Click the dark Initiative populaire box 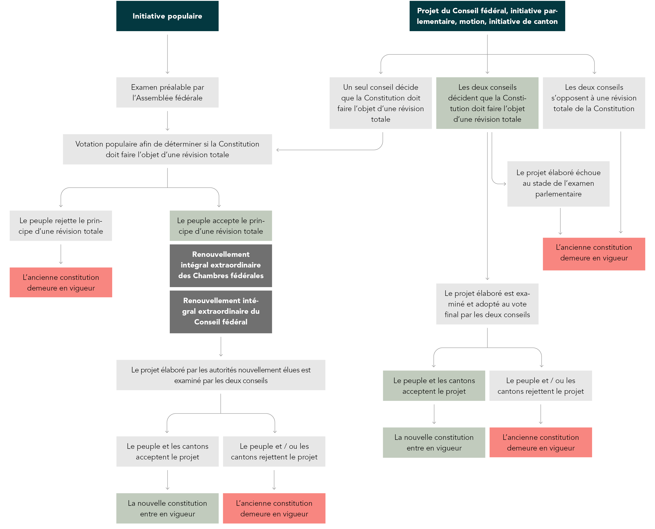[167, 16]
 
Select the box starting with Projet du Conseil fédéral [487, 16]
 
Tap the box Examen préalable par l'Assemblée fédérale [167, 92]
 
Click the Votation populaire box [167, 149]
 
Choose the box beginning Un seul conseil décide [381, 103]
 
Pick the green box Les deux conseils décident [487, 103]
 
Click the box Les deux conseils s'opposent [594, 103]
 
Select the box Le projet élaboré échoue [558, 184]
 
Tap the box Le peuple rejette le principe [61, 226]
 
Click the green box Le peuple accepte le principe [221, 226]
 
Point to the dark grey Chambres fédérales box [221, 265]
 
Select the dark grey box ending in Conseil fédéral [221, 312]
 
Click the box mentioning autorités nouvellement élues [221, 375]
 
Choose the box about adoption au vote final [487, 304]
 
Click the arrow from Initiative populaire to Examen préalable [167, 54]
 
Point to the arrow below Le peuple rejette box [61, 254]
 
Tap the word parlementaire [558, 194]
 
